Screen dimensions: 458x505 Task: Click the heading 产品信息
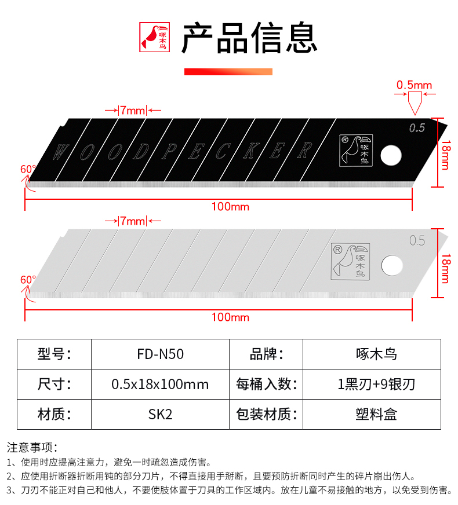[249, 38]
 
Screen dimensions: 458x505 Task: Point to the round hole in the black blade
[391, 155]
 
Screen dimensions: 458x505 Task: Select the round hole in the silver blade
[392, 265]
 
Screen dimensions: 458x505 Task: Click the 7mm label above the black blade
[132, 110]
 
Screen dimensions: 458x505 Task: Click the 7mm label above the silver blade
[132, 221]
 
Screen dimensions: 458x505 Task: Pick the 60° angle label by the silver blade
[28, 279]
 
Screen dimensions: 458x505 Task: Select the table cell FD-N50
[160, 354]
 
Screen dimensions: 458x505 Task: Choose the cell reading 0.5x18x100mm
[160, 384]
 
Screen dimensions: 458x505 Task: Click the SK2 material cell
[160, 414]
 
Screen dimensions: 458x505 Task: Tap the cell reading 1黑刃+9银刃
[376, 384]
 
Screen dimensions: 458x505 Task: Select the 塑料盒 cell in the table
[376, 414]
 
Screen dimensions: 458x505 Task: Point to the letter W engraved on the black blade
[59, 152]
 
